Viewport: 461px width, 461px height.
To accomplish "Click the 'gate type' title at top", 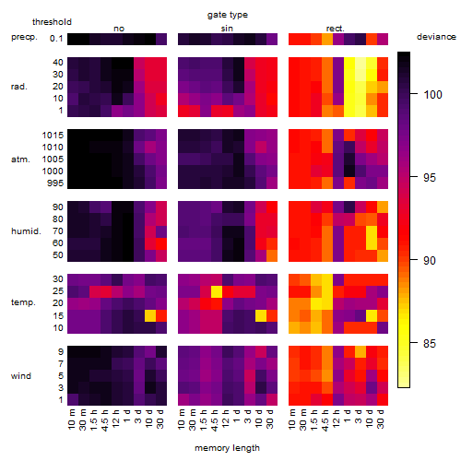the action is pos(228,15).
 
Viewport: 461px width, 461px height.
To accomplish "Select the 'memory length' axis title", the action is pos(227,448).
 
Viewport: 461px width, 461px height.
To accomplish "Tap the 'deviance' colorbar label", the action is pos(436,37).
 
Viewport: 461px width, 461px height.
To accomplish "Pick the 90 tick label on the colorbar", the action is pos(430,261).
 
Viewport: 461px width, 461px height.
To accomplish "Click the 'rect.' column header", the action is pos(336,29).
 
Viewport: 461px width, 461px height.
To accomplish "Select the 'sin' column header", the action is pos(227,29).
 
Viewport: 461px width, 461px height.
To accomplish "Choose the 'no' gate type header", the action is pos(119,29).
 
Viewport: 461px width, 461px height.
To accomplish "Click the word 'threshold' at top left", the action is pos(52,22).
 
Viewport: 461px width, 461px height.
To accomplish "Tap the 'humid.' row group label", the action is pos(26,231).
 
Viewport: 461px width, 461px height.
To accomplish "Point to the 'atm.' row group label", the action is pos(20,160).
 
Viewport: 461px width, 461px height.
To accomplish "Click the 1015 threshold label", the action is pos(53,136).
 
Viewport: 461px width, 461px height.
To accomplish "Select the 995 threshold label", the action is pos(55,183).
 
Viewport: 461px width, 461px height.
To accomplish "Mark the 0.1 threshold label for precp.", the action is pos(56,39).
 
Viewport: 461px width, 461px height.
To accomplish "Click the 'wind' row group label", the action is pos(21,376).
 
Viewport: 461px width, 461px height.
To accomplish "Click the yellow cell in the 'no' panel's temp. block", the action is pos(150,315).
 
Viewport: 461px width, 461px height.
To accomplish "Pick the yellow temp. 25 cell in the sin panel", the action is pos(217,291).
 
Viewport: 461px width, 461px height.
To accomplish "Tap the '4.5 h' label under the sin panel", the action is pos(215,420).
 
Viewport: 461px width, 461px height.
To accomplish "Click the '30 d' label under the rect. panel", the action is pos(381,419).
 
